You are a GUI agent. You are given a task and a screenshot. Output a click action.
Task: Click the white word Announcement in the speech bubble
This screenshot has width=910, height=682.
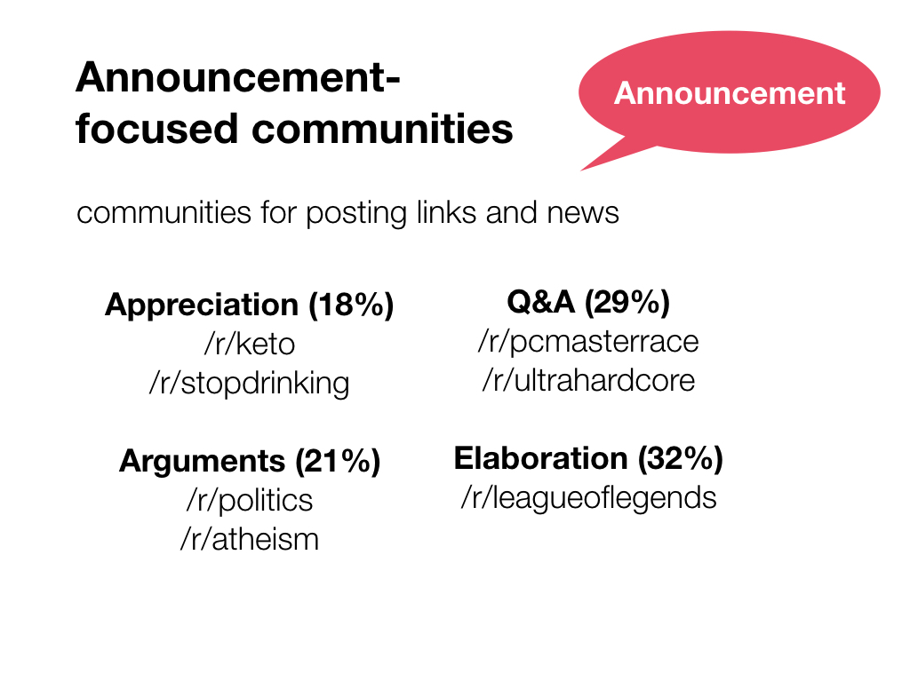tap(730, 93)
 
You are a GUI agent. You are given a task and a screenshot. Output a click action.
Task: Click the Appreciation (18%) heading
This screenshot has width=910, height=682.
tap(249, 305)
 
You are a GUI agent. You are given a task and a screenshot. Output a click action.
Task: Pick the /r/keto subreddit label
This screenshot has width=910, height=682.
tap(250, 344)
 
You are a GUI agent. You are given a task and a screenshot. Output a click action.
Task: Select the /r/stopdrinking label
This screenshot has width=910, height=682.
tap(250, 384)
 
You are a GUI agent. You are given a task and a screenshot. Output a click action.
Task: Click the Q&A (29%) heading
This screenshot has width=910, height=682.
tap(588, 302)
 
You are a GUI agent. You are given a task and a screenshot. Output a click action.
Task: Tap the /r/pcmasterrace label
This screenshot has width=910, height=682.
tap(588, 342)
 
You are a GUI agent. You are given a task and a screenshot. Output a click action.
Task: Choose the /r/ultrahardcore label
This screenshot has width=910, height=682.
tap(588, 380)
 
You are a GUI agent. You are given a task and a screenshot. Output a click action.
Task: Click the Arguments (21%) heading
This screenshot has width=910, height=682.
tap(250, 462)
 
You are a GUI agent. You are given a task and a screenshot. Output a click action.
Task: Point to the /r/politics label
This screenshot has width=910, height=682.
tap(250, 501)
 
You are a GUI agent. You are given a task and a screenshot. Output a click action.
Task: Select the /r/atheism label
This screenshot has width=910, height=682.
tap(250, 539)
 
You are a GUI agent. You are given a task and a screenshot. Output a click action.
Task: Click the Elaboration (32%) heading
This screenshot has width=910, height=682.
tap(588, 459)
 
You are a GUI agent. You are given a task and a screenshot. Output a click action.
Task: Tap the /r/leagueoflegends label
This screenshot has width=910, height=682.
tap(588, 498)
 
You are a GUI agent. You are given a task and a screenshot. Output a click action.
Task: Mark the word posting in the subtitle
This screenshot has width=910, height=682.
tap(355, 213)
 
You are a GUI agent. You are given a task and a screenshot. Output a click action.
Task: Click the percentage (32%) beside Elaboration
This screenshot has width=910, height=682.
tap(681, 459)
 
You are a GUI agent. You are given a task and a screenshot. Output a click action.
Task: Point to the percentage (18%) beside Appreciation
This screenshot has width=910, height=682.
tap(351, 305)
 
